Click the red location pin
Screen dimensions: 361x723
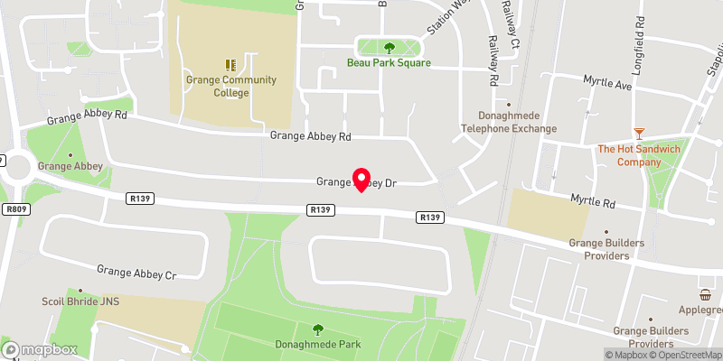click(361, 179)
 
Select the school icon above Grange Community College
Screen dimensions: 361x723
click(230, 64)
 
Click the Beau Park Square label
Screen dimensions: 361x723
click(389, 63)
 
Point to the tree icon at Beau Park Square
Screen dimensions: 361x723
click(390, 48)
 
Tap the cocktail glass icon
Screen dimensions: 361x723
click(640, 133)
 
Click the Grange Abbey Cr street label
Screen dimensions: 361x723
click(136, 269)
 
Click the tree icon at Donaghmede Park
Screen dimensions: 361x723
click(317, 329)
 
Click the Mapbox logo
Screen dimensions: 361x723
click(40, 349)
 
